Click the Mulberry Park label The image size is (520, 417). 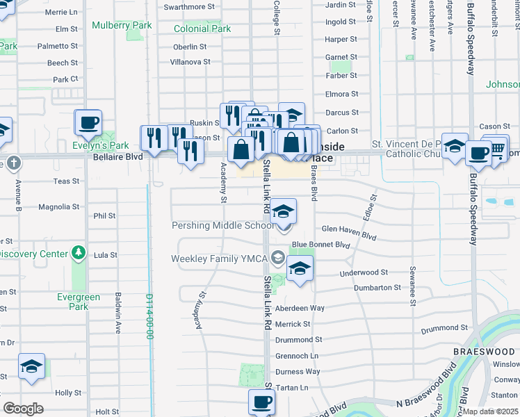[x=122, y=26]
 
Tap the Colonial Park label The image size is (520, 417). [x=202, y=29]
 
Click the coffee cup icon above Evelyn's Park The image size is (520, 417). [x=88, y=123]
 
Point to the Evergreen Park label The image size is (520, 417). [x=79, y=302]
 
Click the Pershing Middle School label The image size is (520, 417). [x=222, y=226]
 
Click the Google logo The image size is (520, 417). [x=23, y=408]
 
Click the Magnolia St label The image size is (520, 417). [x=59, y=207]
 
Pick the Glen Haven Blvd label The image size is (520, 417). [x=348, y=233]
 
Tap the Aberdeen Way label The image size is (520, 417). [x=300, y=308]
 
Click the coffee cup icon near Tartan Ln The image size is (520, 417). [x=261, y=401]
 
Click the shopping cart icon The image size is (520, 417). [x=496, y=148]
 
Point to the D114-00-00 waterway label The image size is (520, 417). [x=149, y=316]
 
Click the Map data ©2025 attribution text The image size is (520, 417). [x=491, y=411]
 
